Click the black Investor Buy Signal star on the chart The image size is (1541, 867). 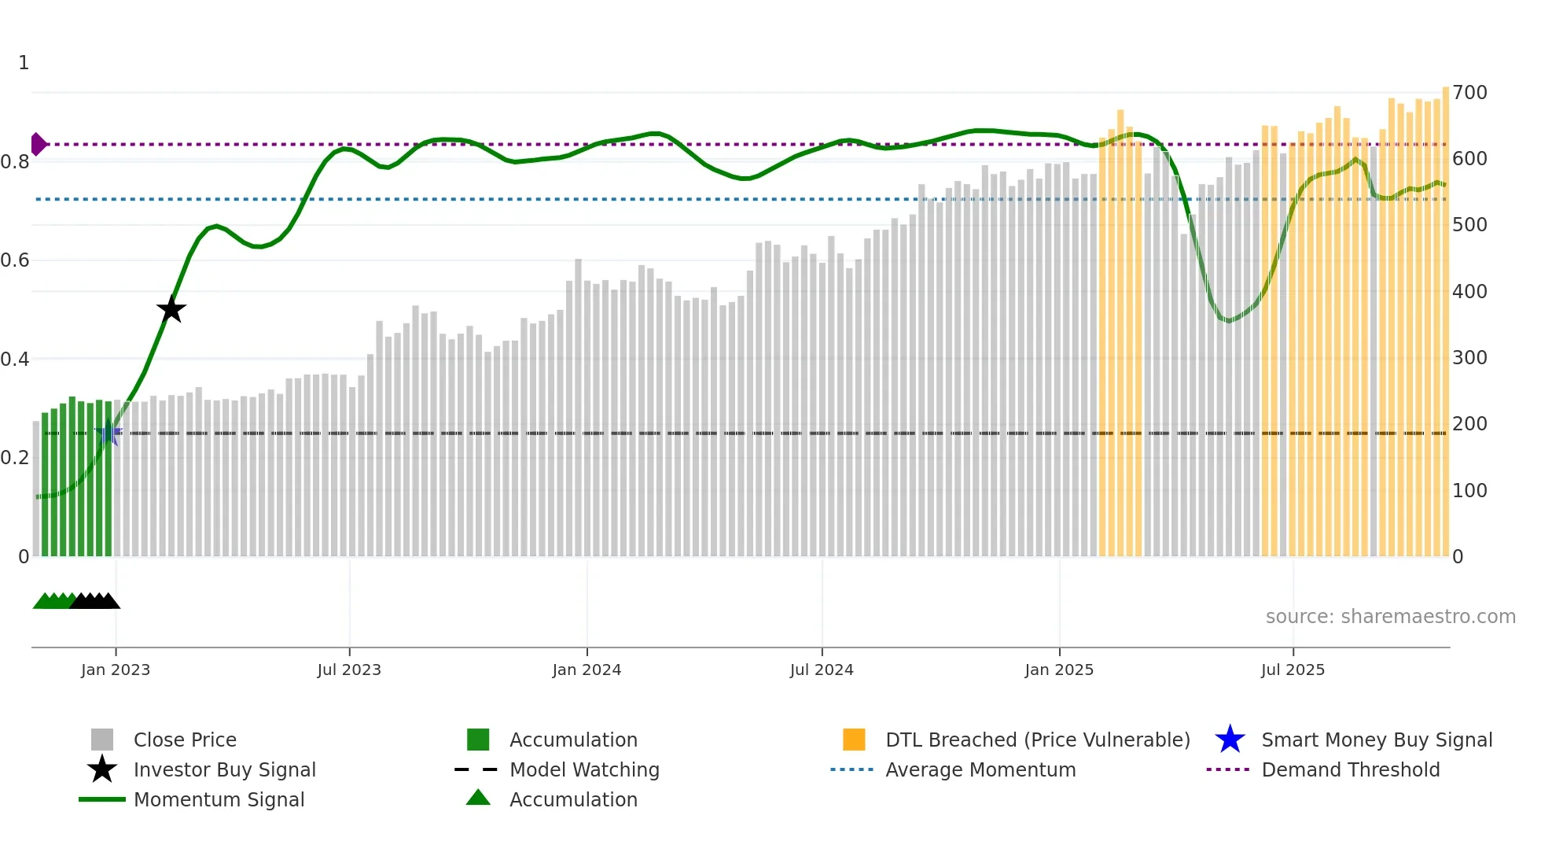click(171, 310)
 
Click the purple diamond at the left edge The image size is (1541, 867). click(38, 144)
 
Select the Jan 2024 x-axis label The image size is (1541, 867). click(587, 670)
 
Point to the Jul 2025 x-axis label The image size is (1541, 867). click(1293, 670)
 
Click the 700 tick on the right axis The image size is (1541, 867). click(1469, 93)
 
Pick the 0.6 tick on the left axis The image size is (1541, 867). click(16, 260)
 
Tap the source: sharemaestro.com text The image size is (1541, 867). click(1390, 617)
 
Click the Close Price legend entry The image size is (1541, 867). click(185, 740)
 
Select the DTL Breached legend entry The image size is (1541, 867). click(1037, 740)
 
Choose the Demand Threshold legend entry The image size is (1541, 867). click(1350, 769)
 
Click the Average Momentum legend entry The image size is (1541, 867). click(980, 769)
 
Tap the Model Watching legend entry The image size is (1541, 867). click(583, 769)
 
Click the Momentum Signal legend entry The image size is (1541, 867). click(219, 799)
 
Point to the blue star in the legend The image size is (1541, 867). click(1230, 740)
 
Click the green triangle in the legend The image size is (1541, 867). click(478, 798)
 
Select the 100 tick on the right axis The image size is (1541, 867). click(1469, 491)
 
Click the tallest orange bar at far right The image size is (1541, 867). click(1445, 315)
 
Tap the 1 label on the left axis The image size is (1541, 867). click(24, 63)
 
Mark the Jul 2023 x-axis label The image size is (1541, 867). click(349, 670)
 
